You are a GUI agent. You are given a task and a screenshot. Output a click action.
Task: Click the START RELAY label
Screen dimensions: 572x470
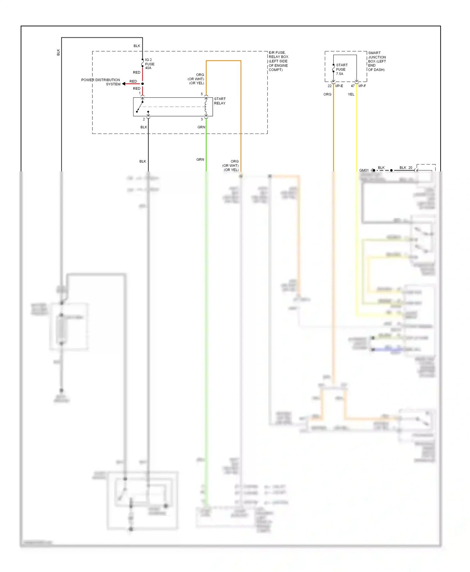pyautogui.click(x=220, y=101)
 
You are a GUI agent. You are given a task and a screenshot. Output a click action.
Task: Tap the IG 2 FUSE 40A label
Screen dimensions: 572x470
pyautogui.click(x=149, y=64)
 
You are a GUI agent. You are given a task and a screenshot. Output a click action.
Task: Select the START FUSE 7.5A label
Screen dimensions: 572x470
pyautogui.click(x=341, y=69)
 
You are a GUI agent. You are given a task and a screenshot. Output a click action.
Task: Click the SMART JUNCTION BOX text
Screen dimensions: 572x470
pyautogui.click(x=377, y=61)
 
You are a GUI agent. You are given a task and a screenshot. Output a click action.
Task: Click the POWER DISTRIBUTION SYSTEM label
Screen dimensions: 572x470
pyautogui.click(x=101, y=82)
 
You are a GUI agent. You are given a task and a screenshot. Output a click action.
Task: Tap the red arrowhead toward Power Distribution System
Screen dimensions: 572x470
pyautogui.click(x=124, y=84)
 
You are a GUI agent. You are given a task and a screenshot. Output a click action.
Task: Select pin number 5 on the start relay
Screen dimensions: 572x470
pyautogui.click(x=202, y=94)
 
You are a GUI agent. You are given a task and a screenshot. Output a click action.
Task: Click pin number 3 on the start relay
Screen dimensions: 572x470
pyautogui.click(x=202, y=119)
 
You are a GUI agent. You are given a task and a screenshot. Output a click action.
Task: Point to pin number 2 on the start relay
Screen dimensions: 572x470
pyautogui.click(x=144, y=119)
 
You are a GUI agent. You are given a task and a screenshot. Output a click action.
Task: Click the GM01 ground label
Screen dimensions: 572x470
pyautogui.click(x=364, y=170)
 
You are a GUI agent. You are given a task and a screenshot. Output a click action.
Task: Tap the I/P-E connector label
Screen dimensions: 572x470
pyautogui.click(x=339, y=86)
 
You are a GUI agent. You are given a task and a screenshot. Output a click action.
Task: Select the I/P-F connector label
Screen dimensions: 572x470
pyautogui.click(x=362, y=86)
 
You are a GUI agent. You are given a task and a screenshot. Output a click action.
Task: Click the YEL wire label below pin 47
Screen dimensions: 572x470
pyautogui.click(x=351, y=94)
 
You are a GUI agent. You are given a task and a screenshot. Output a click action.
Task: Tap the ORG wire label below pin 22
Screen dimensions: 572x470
pyautogui.click(x=327, y=94)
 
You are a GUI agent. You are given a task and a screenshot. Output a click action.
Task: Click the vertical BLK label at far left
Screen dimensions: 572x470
pyautogui.click(x=58, y=52)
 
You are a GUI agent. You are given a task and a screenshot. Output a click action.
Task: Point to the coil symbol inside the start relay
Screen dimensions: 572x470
pyautogui.click(x=206, y=107)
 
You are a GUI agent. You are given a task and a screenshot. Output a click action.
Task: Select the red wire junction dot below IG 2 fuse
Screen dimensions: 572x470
pyautogui.click(x=143, y=84)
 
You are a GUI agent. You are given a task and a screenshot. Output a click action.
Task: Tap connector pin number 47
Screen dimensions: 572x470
pyautogui.click(x=353, y=86)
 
